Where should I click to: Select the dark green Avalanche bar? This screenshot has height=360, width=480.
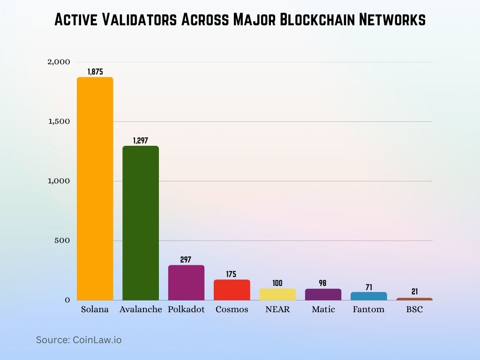(141, 223)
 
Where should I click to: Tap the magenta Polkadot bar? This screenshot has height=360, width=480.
(186, 282)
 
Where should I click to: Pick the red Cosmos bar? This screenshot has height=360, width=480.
(232, 290)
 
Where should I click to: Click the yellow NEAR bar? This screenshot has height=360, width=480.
(277, 294)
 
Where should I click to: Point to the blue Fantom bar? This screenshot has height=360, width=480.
(368, 296)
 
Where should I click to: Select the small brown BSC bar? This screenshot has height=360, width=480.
(414, 299)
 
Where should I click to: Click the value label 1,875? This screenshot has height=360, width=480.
(95, 72)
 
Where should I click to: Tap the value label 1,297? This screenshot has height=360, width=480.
(141, 140)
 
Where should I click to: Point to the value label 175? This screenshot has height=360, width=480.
(232, 274)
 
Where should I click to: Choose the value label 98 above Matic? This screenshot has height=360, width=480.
(323, 283)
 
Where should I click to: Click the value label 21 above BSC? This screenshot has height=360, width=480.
(414, 292)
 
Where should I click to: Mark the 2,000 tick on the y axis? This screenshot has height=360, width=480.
(59, 62)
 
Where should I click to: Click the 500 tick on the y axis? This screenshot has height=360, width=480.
(62, 240)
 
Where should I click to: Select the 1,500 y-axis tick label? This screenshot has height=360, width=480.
(59, 121)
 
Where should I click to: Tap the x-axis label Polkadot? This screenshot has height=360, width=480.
(186, 309)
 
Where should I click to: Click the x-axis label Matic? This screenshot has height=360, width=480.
(323, 309)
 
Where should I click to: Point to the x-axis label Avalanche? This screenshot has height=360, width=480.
(141, 309)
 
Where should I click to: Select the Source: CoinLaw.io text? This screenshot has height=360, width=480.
(79, 340)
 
